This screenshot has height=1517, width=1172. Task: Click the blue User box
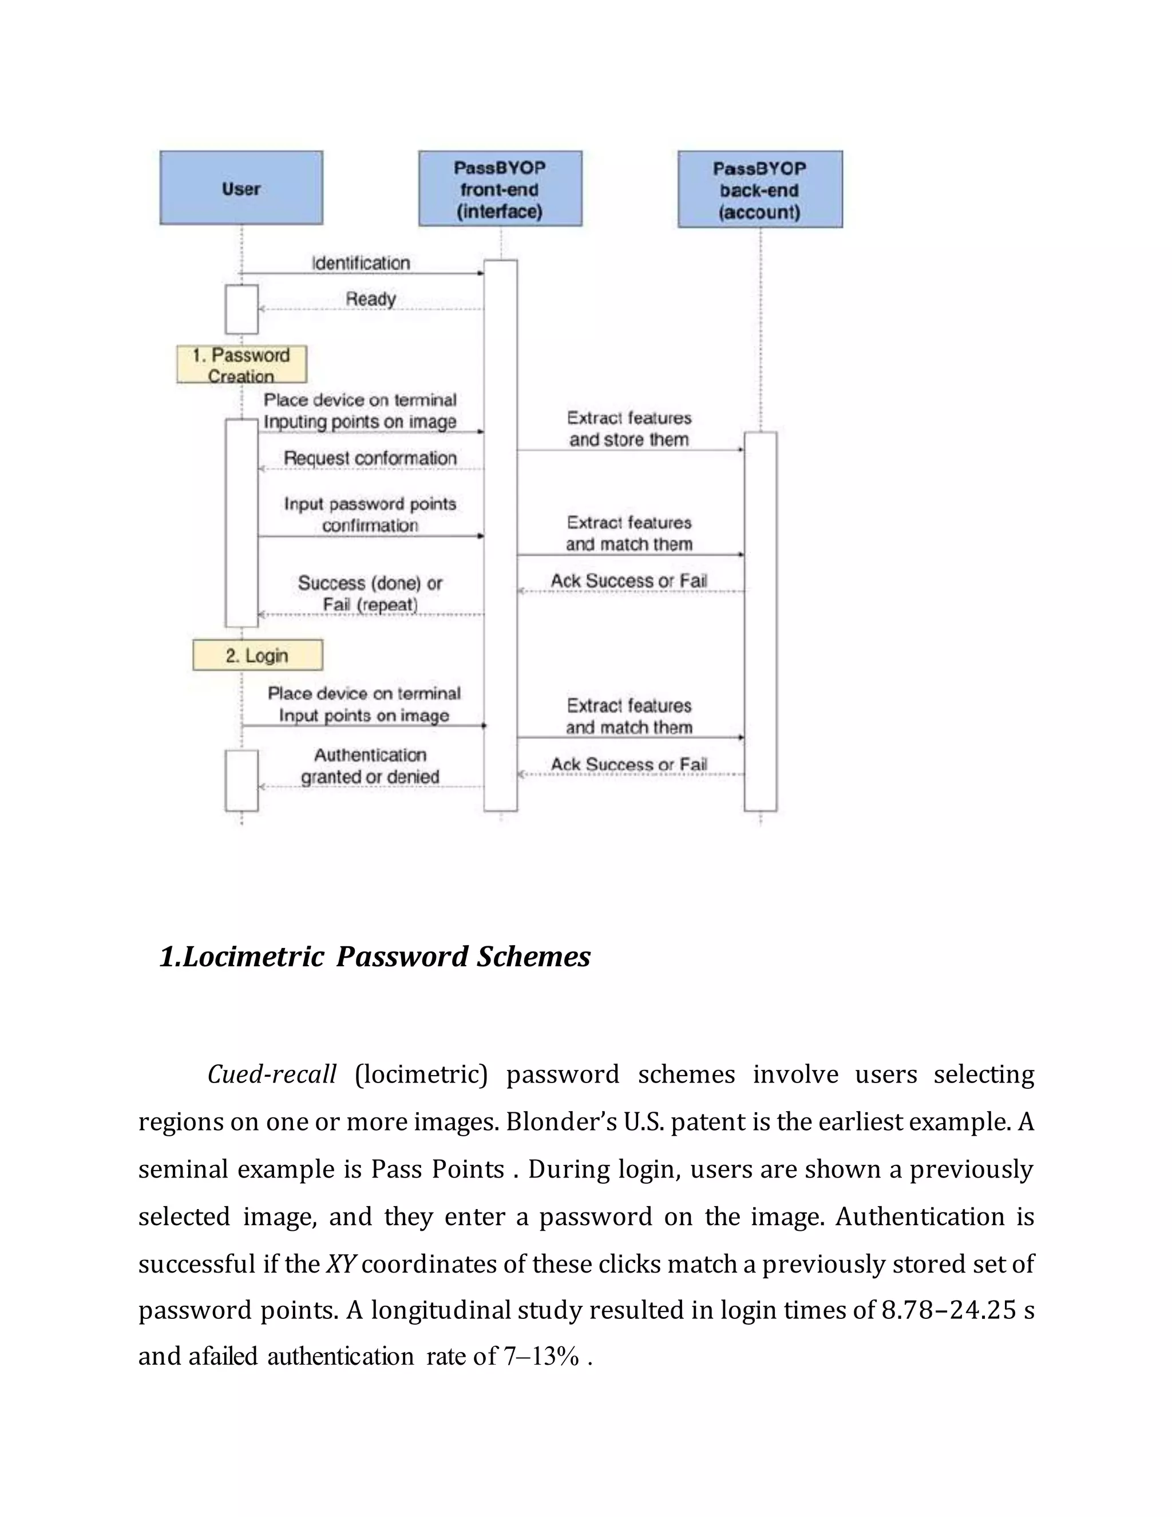241,188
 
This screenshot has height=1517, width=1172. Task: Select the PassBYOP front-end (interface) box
500,188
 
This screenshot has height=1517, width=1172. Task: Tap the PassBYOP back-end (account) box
759,189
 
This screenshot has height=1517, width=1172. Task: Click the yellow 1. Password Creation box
241,364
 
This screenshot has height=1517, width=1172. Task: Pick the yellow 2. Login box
257,655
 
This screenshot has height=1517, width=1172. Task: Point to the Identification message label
361,263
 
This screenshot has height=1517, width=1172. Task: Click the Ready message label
371,299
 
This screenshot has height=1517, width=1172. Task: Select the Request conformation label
370,459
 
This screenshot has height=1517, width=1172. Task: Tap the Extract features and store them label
629,429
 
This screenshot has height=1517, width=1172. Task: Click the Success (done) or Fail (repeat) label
370,593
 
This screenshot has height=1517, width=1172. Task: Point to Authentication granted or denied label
370,765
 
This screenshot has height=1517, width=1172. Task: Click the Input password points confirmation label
370,514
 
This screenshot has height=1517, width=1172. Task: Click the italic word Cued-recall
271,1074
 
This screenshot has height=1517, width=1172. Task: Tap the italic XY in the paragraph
341,1263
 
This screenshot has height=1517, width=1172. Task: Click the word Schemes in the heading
533,957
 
